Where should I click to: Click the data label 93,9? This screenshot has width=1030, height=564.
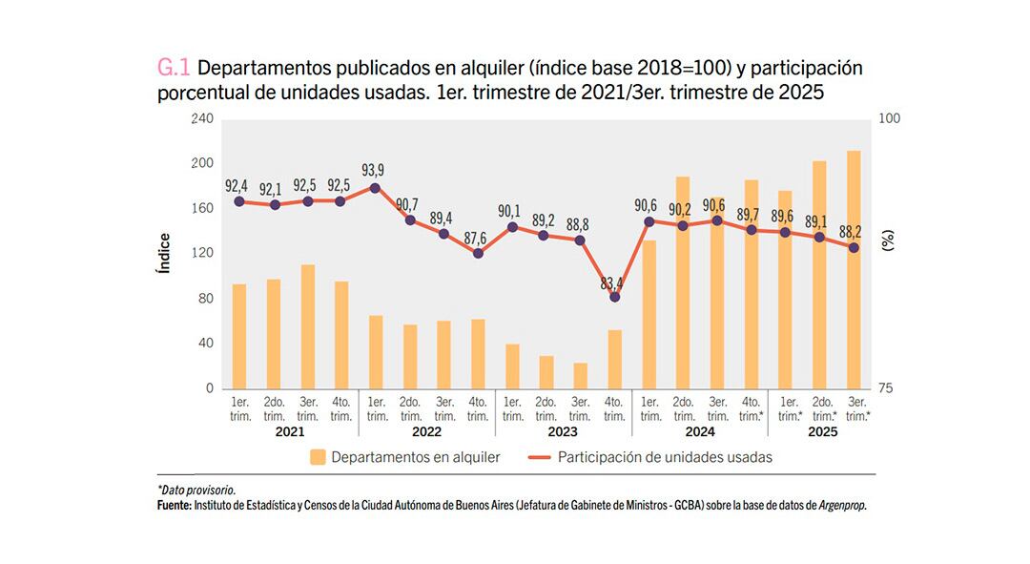375,171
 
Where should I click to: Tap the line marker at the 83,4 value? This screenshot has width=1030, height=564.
615,297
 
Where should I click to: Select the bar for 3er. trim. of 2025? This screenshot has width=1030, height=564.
854,269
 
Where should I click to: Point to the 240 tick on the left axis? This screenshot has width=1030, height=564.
202,118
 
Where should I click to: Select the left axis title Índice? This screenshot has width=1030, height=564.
164,254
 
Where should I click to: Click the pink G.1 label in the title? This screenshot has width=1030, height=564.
174,69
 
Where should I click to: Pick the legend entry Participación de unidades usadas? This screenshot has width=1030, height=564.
665,457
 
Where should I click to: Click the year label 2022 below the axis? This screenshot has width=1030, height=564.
426,431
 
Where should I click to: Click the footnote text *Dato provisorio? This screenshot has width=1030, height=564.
196,490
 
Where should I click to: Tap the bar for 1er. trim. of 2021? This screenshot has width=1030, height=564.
239,336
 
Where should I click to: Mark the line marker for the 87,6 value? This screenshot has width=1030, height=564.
479,253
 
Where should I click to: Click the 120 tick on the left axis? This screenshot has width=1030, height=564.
202,253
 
